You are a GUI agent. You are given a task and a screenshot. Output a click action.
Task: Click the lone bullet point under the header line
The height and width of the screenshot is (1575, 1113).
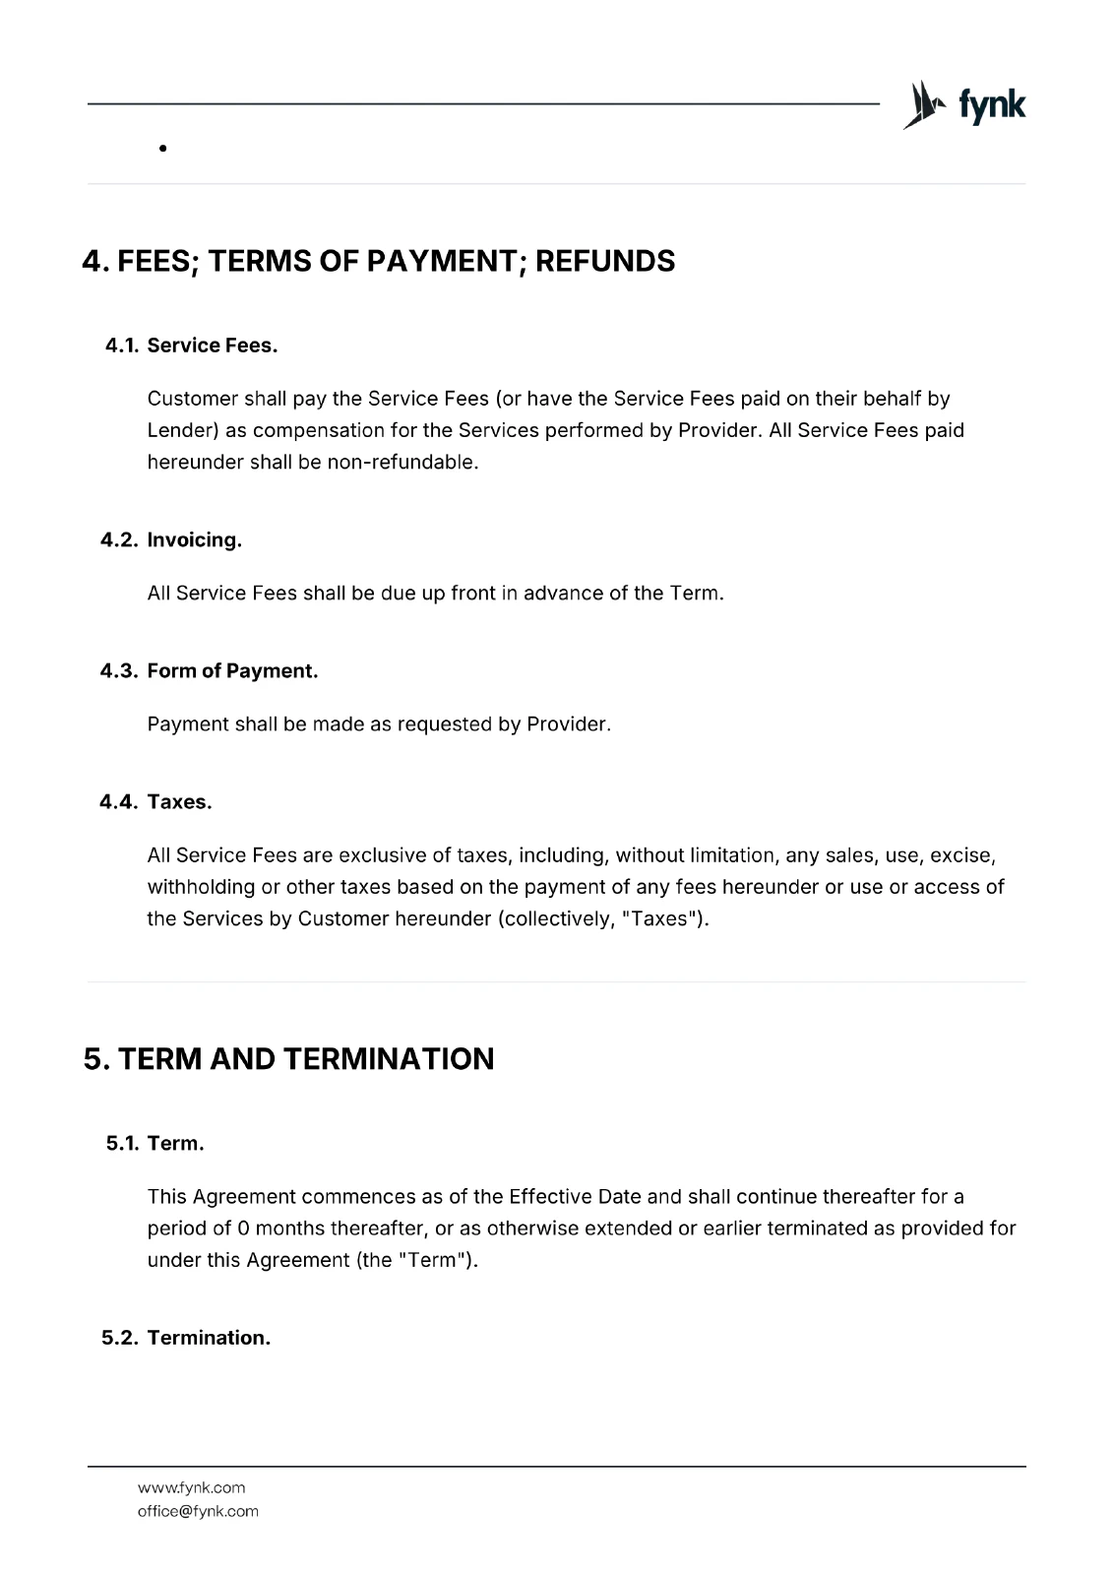[161, 150]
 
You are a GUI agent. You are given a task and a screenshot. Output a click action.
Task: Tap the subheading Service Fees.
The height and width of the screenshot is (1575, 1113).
[213, 346]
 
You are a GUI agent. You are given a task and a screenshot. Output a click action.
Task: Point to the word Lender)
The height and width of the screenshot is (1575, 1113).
[183, 430]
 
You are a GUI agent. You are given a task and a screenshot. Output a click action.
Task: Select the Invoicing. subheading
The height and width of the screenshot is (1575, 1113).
[194, 539]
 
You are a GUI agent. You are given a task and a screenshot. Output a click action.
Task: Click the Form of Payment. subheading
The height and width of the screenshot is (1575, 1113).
[232, 670]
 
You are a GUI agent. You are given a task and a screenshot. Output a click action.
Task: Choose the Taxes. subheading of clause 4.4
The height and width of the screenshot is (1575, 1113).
[179, 801]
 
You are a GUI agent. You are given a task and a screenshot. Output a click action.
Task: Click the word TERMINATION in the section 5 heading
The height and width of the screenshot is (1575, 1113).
[389, 1059]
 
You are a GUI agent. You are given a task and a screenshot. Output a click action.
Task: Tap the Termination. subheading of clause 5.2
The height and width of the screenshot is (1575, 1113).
[209, 1338]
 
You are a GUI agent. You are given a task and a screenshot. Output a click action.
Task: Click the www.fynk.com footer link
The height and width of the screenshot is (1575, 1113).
[191, 1487]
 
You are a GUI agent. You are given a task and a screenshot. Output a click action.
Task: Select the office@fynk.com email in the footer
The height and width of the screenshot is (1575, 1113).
[198, 1511]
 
